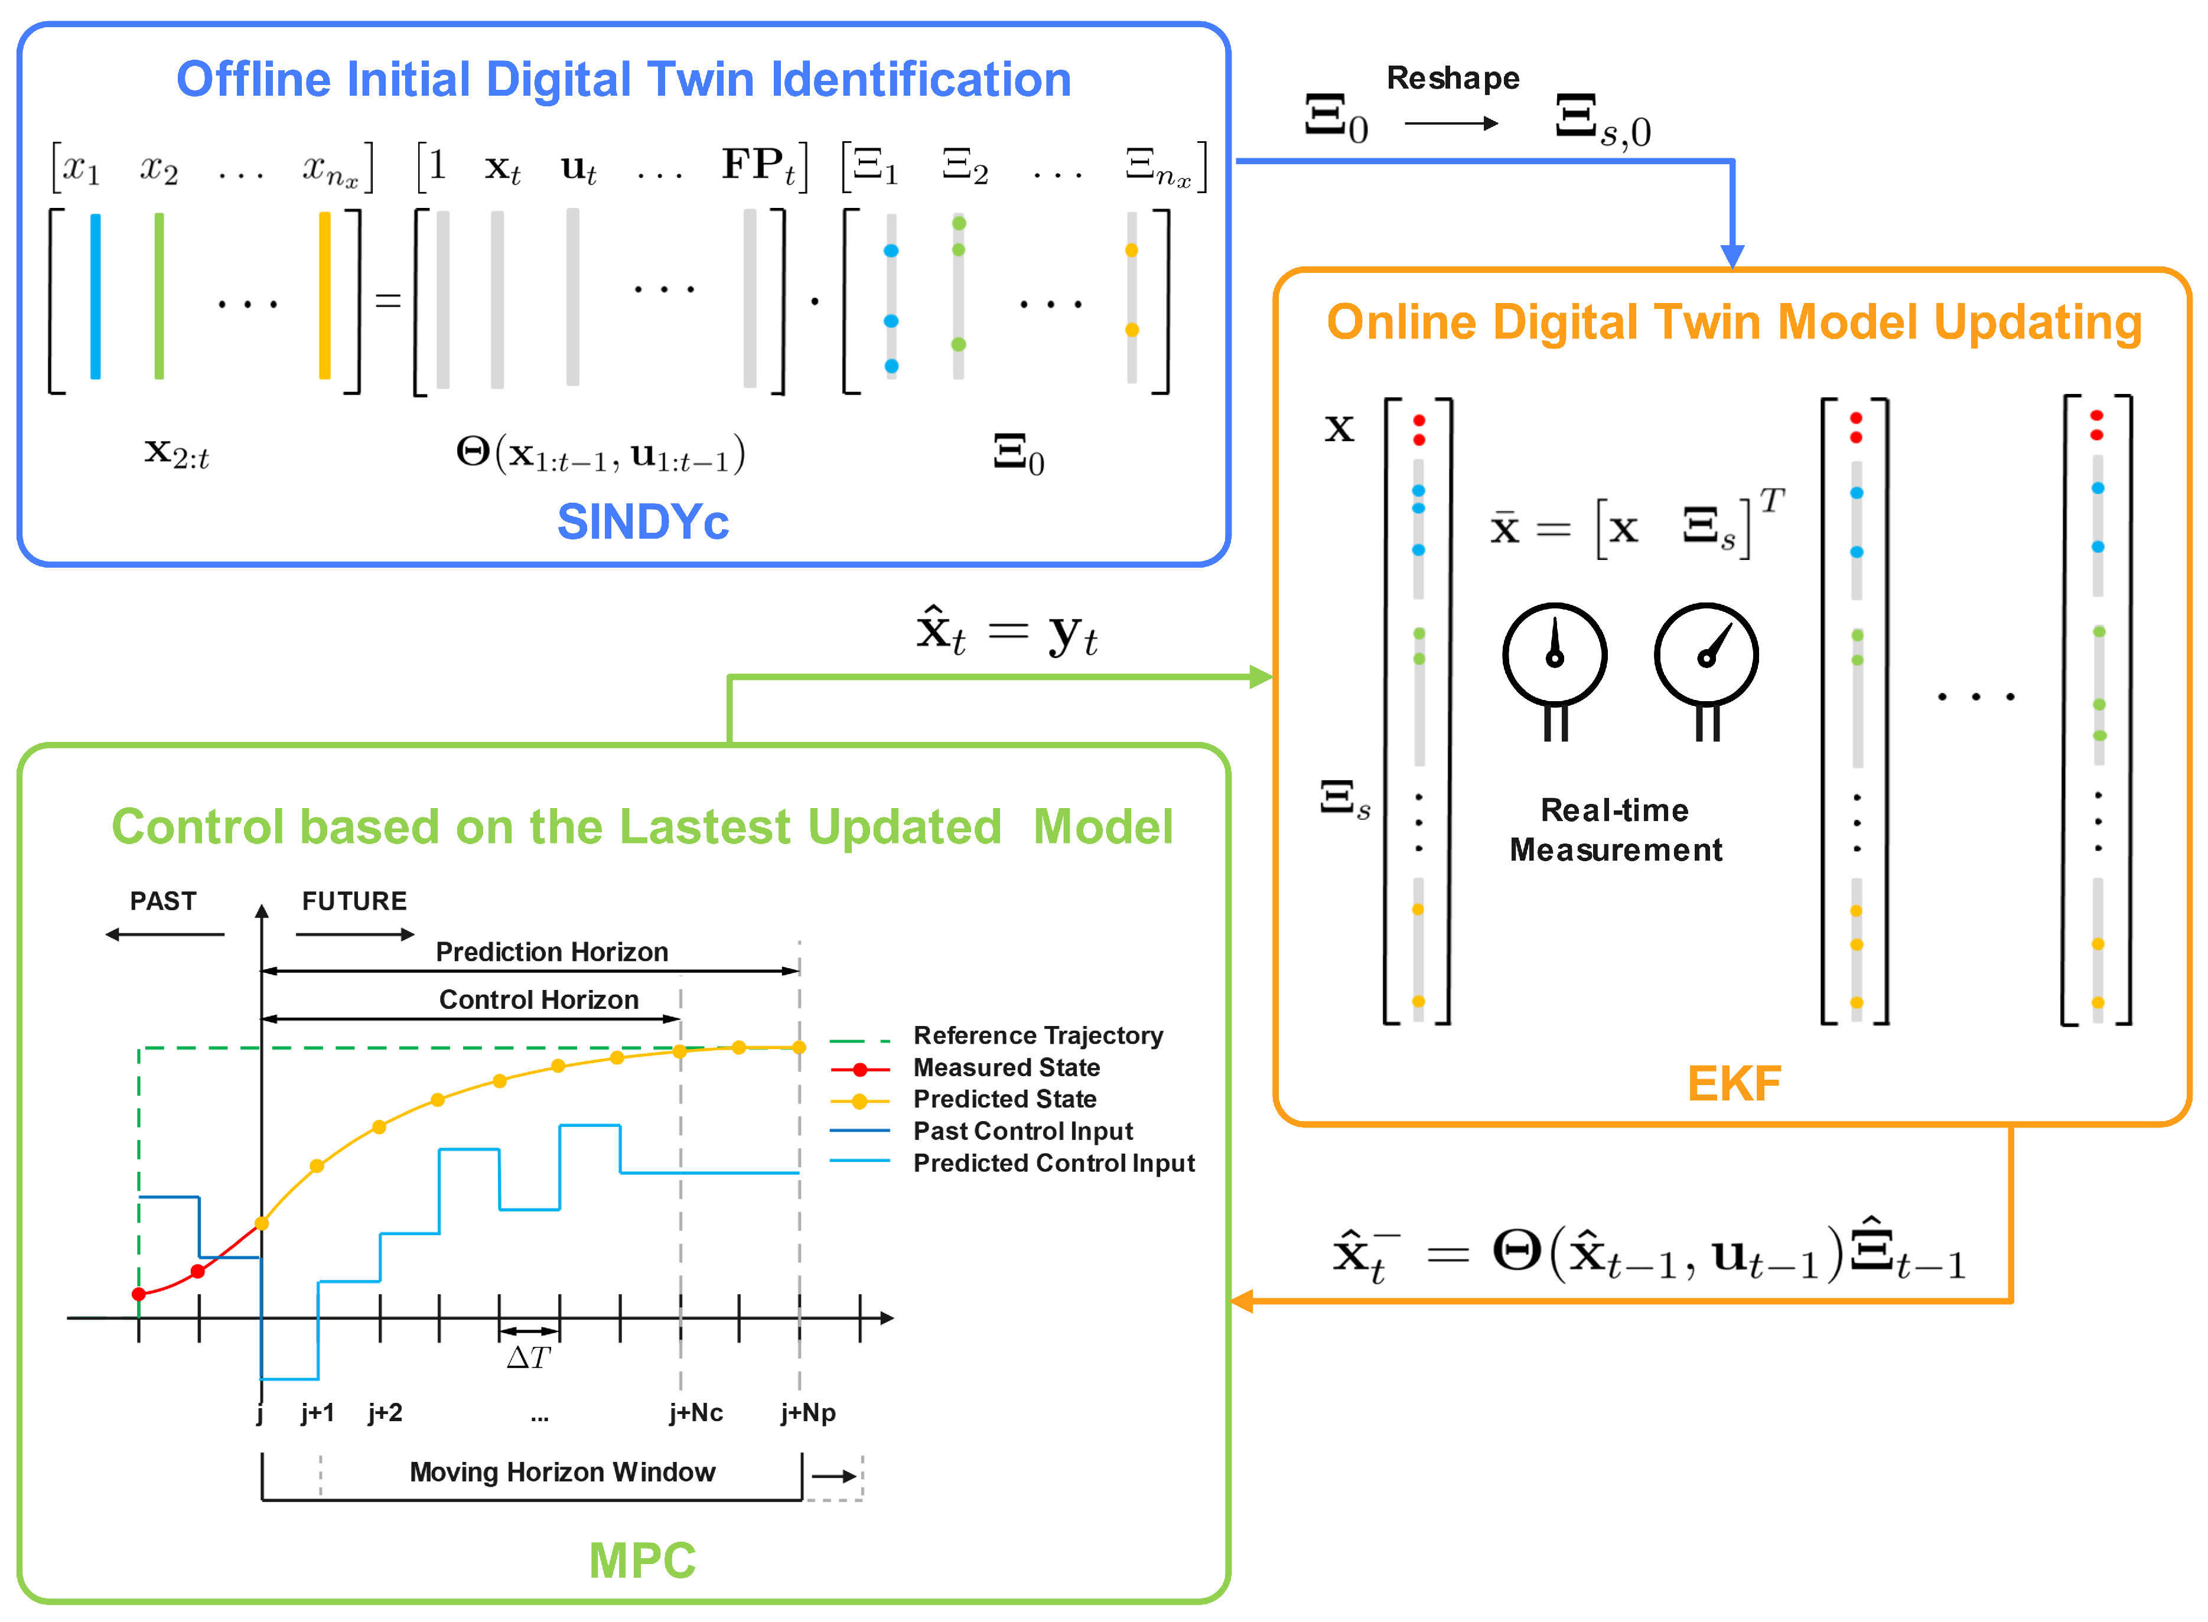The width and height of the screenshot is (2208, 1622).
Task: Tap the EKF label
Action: [x=1733, y=1083]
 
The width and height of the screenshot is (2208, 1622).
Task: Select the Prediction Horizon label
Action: [x=552, y=952]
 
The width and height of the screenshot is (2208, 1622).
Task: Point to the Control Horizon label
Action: [x=538, y=999]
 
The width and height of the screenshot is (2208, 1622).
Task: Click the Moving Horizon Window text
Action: [x=562, y=1472]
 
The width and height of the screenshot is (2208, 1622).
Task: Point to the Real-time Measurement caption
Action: [x=1615, y=830]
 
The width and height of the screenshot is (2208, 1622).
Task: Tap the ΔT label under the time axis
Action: [x=528, y=1358]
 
